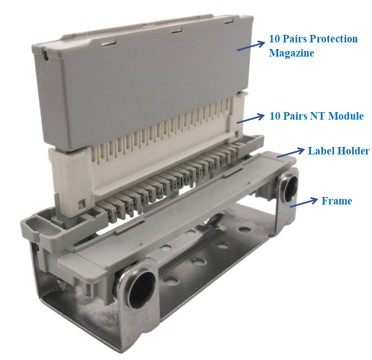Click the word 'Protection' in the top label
pos(334,39)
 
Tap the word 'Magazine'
pos(291,53)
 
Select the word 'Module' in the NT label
pos(346,116)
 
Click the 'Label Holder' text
pos(339,151)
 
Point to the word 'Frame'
pos(337,201)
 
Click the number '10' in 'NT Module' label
pos(275,116)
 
